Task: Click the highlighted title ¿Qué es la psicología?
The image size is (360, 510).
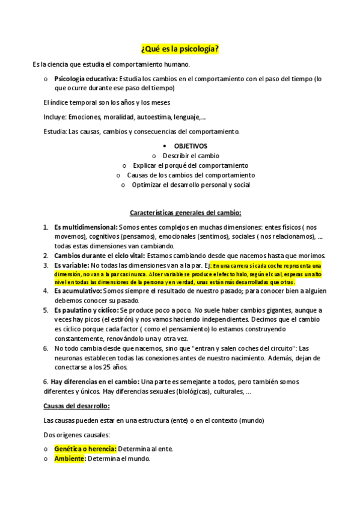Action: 180,49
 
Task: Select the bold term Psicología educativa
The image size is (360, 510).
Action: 86,79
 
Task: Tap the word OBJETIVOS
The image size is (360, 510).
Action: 191,146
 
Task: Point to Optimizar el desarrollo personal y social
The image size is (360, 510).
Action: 191,185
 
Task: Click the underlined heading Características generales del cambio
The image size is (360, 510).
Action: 186,212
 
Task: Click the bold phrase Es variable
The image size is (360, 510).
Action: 72,265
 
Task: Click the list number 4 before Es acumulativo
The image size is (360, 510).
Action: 46,290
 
